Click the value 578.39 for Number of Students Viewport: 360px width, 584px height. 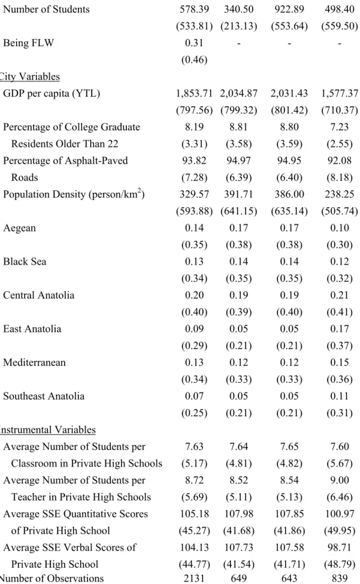(194, 10)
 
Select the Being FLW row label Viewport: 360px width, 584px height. (29, 43)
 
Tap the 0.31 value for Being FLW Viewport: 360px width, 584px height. (194, 43)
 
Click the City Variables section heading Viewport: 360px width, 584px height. (29, 76)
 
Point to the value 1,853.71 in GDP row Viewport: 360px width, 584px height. (194, 93)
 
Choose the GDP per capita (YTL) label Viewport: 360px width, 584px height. (52, 93)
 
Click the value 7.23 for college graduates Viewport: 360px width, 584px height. (340, 127)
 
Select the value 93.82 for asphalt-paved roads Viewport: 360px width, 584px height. (194, 161)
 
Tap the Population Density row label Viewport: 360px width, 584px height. (74, 194)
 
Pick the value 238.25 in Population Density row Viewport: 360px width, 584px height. (340, 194)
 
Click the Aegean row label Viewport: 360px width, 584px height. (20, 228)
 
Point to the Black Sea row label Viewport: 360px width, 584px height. (25, 262)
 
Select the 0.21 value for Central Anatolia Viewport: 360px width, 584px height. (340, 295)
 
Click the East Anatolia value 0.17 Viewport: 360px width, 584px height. (340, 328)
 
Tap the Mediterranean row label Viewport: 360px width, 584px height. (34, 362)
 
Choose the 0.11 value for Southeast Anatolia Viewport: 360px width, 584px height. (340, 396)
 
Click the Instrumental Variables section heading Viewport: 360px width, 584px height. (47, 429)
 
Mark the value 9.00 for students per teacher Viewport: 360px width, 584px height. (340, 480)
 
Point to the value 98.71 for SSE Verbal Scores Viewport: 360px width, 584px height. (340, 547)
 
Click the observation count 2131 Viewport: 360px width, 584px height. (194, 579)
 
